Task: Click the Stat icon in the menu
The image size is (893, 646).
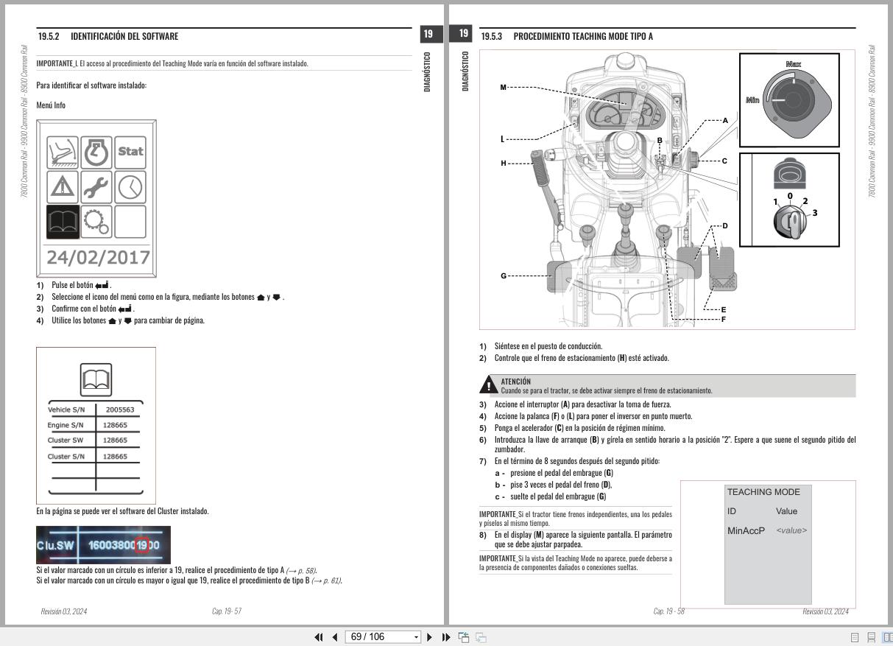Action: (130, 152)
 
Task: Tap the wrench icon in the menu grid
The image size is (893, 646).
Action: (96, 186)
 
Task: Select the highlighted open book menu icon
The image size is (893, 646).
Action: (63, 221)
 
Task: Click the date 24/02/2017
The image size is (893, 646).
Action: (98, 258)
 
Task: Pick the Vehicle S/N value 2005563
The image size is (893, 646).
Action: (119, 410)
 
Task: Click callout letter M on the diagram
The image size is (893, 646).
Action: (504, 88)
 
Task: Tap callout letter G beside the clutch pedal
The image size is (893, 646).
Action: (504, 276)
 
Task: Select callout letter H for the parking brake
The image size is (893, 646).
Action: (504, 163)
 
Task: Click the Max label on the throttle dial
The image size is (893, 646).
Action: (793, 65)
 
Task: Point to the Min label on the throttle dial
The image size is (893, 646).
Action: (752, 100)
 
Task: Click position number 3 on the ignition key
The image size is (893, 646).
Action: (814, 213)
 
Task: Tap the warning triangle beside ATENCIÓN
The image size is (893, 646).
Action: (488, 385)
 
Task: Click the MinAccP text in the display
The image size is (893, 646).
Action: (746, 531)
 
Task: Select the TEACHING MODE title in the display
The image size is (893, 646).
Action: (763, 492)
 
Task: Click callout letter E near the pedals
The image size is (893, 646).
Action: (723, 310)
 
